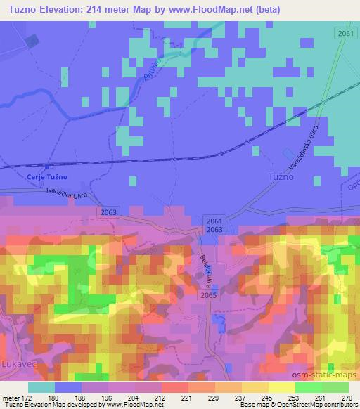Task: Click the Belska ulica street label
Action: pos(205,269)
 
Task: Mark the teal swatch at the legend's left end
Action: pos(41,387)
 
